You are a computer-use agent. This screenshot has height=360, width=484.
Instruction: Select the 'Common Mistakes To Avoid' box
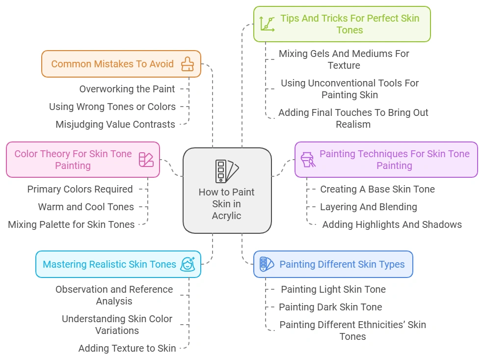click(112, 64)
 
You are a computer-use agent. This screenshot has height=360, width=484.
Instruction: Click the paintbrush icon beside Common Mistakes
click(188, 64)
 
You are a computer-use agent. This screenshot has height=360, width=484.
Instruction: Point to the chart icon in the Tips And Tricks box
click(268, 24)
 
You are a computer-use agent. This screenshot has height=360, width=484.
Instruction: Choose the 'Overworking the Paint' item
click(127, 89)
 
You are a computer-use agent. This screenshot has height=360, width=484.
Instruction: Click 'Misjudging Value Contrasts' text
click(115, 124)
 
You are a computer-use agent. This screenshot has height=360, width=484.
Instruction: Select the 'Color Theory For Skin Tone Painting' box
click(73, 160)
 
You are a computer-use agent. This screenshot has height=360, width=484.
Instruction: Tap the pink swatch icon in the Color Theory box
click(146, 160)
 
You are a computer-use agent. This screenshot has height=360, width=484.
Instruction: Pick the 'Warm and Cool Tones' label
click(86, 207)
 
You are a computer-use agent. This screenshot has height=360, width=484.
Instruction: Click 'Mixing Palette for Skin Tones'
click(71, 224)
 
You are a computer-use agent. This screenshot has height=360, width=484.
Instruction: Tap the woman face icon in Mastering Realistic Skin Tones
click(188, 264)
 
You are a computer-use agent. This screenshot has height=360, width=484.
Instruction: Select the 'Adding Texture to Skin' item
click(127, 348)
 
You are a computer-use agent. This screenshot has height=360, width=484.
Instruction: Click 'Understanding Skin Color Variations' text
click(117, 325)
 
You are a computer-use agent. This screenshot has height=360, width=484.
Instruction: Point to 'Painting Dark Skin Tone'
click(330, 307)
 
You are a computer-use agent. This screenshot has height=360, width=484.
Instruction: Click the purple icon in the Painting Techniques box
click(308, 160)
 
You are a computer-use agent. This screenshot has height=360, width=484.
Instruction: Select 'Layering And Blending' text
click(369, 207)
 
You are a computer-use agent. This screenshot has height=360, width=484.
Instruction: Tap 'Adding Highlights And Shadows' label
click(392, 224)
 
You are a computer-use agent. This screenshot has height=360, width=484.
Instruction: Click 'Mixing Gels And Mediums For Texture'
click(344, 59)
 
